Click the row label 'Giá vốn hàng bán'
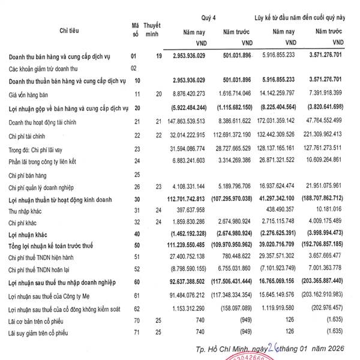28,94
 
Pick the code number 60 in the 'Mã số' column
137,281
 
